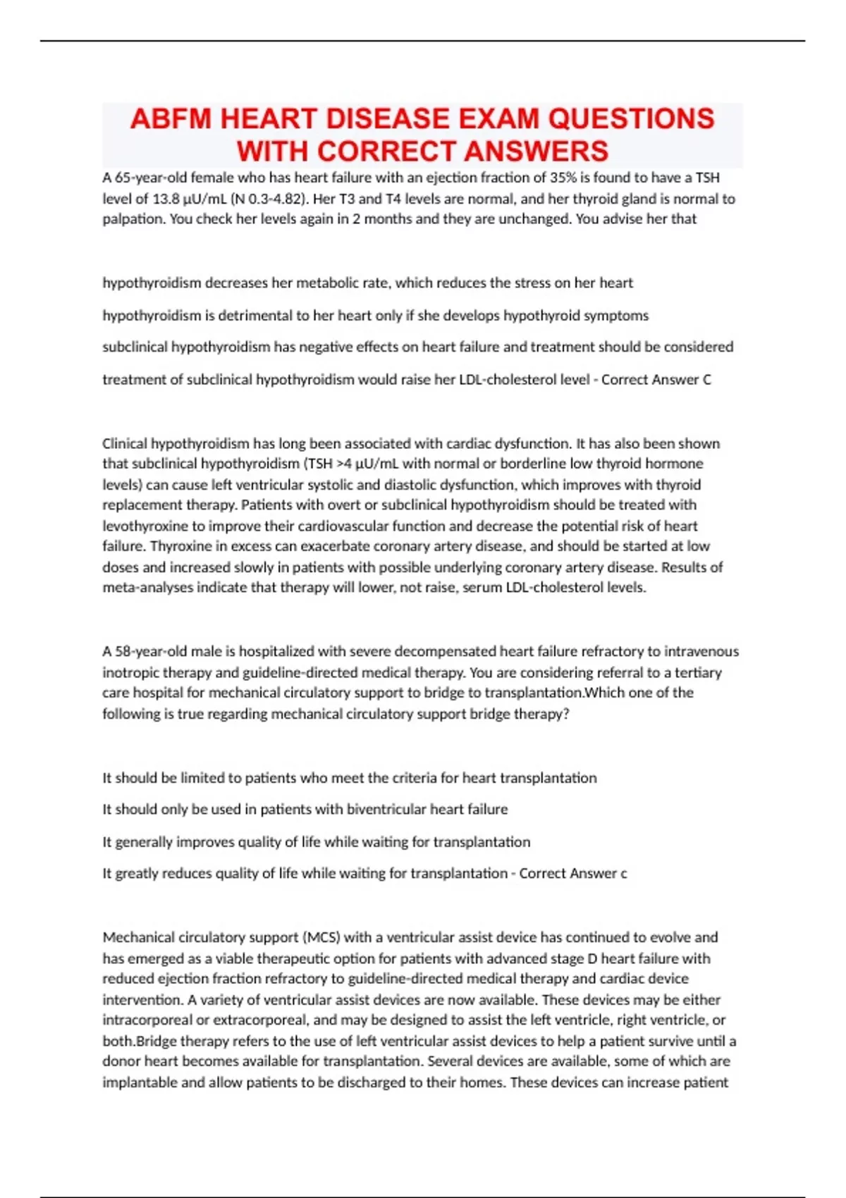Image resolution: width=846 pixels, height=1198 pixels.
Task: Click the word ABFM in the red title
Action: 171,118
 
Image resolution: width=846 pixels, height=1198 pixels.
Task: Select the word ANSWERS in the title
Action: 536,152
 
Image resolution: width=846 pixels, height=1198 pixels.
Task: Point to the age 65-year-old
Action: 149,178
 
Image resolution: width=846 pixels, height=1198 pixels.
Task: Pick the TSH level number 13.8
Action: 168,199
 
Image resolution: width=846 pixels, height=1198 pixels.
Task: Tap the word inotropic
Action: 132,672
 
